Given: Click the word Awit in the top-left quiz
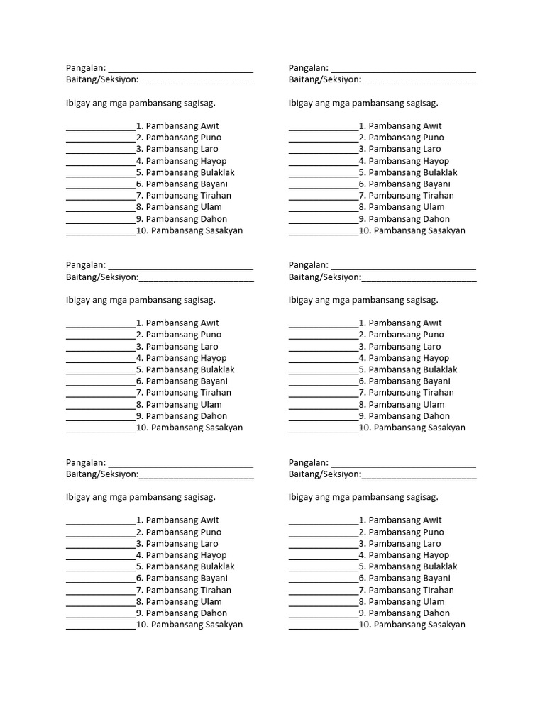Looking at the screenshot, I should (210, 125).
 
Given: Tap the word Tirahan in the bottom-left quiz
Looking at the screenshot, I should (216, 590).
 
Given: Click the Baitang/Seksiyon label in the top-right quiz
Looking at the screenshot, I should (324, 80).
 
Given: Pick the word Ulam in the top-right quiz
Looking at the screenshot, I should (434, 207).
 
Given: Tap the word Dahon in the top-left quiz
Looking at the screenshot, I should (214, 218).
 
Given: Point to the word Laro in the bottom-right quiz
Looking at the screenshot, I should (432, 543).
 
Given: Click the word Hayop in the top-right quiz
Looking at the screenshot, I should (436, 161).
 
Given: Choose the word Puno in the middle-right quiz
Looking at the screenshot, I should (433, 335).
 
